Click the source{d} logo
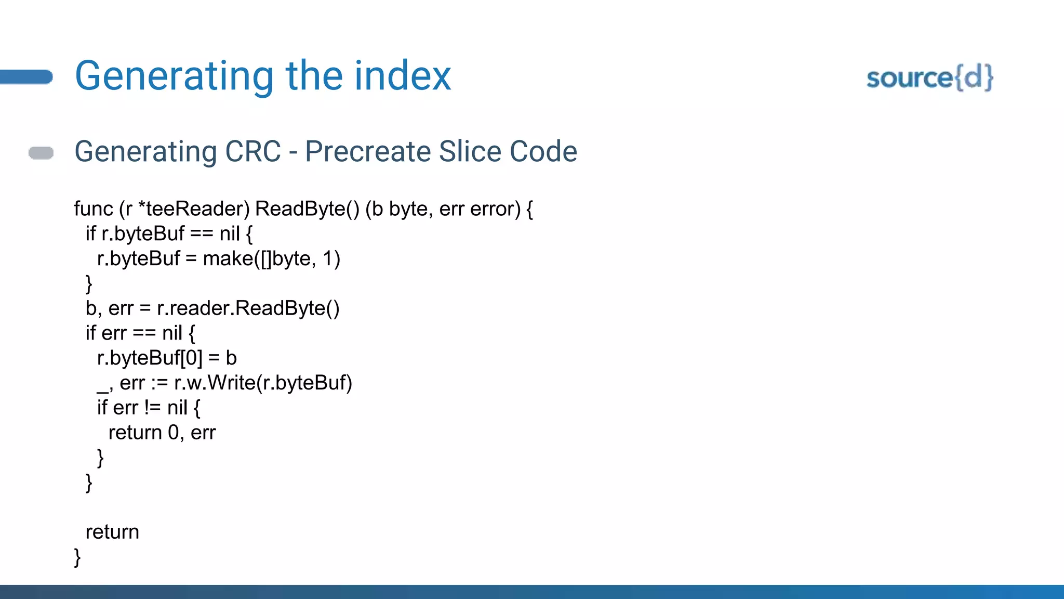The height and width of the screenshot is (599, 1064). (x=929, y=78)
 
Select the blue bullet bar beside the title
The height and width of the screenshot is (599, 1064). (x=26, y=77)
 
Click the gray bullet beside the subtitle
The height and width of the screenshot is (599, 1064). (x=41, y=153)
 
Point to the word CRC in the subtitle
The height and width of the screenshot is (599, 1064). (x=253, y=151)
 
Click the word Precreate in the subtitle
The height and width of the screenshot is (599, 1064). (x=368, y=151)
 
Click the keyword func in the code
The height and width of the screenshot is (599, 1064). (x=93, y=209)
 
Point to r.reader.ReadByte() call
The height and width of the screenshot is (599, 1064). (x=248, y=308)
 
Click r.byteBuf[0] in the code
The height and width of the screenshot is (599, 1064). (x=149, y=358)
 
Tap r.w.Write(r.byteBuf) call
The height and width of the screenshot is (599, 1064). (x=263, y=383)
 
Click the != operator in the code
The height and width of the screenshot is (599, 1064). (x=153, y=408)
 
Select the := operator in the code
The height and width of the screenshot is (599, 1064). (x=159, y=383)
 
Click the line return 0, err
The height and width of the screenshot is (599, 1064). (x=162, y=433)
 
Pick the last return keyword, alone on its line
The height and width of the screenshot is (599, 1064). (x=112, y=532)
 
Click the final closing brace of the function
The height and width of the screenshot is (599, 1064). (x=77, y=557)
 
